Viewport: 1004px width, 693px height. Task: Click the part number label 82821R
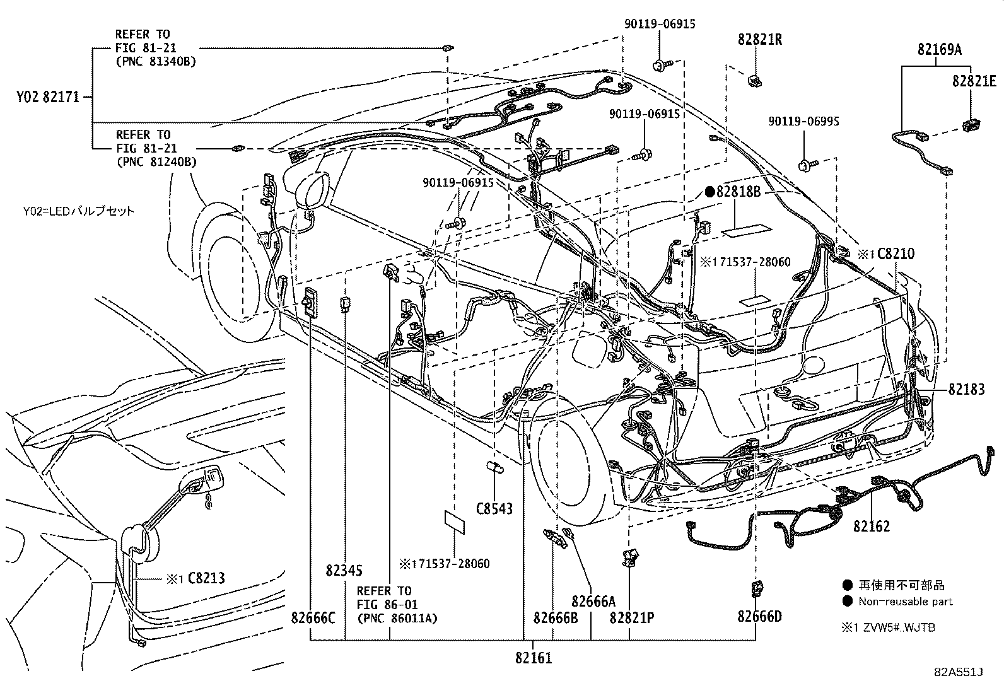click(x=760, y=40)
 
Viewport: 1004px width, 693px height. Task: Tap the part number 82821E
click(x=974, y=81)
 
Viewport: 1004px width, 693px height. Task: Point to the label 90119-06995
click(x=803, y=122)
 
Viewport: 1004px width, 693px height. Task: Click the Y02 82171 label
click(x=49, y=97)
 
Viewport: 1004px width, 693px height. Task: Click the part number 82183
click(x=966, y=390)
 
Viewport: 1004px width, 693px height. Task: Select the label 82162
click(x=872, y=525)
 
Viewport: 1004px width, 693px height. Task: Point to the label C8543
click(x=494, y=508)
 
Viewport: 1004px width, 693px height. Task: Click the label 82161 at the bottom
click(x=534, y=658)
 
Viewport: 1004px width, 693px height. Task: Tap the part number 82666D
click(x=760, y=616)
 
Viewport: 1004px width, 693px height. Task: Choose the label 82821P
click(x=631, y=617)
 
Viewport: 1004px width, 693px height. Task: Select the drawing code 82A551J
click(x=959, y=672)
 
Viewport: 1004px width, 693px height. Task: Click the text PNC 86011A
click(x=397, y=619)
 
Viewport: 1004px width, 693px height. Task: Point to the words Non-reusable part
click(x=905, y=602)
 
